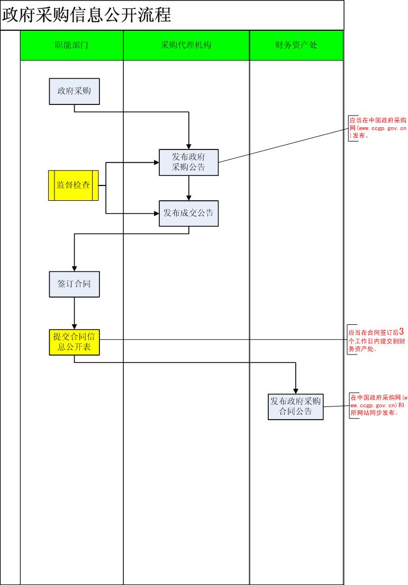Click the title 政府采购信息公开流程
pyautogui.click(x=87, y=15)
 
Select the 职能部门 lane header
pyautogui.click(x=71, y=45)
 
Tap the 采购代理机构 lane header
pyautogui.click(x=186, y=45)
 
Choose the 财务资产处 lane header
pyautogui.click(x=296, y=45)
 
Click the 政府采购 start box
pyautogui.click(x=74, y=91)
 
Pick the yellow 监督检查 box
pyautogui.click(x=74, y=185)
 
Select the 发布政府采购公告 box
pyautogui.click(x=189, y=162)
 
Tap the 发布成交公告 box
pyautogui.click(x=189, y=214)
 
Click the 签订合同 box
pyautogui.click(x=74, y=283)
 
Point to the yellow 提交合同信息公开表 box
pyautogui.click(x=74, y=342)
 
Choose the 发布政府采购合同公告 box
pyautogui.click(x=296, y=406)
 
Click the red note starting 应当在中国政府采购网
pyautogui.click(x=378, y=128)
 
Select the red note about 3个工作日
pyautogui.click(x=377, y=341)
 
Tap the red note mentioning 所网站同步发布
pyautogui.click(x=378, y=405)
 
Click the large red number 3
pyautogui.click(x=402, y=332)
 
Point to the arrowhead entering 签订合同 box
pyautogui.click(x=74, y=268)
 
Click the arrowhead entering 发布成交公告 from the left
pyautogui.click(x=156, y=214)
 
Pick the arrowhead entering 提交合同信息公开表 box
pyautogui.click(x=74, y=326)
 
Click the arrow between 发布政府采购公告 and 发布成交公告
pyautogui.click(x=189, y=188)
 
